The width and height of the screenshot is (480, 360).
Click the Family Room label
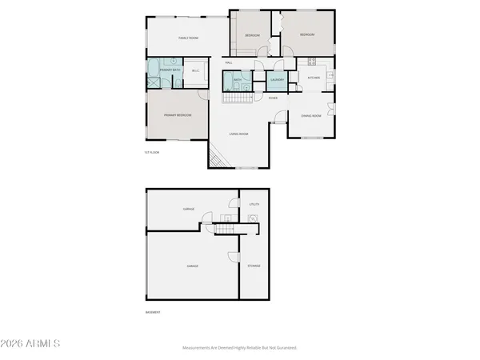click(188, 38)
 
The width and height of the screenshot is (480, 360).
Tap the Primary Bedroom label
click(178, 115)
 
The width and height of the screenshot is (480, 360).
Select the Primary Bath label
click(170, 70)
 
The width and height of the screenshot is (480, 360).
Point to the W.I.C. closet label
click(196, 70)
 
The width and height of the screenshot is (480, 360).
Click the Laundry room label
click(278, 79)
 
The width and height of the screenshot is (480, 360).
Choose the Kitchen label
click(314, 78)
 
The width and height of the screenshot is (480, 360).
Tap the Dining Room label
click(311, 116)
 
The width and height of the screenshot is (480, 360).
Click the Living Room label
click(238, 134)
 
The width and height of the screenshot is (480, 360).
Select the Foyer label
click(273, 98)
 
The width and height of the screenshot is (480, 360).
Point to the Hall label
click(229, 62)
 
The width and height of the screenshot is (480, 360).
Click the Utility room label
click(254, 205)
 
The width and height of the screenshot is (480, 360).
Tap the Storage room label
click(254, 266)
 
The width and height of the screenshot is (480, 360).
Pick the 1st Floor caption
click(151, 151)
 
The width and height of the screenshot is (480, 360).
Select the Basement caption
click(152, 312)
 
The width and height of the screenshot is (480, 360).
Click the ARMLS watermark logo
click(31, 344)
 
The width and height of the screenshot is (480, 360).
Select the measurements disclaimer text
click(239, 348)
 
